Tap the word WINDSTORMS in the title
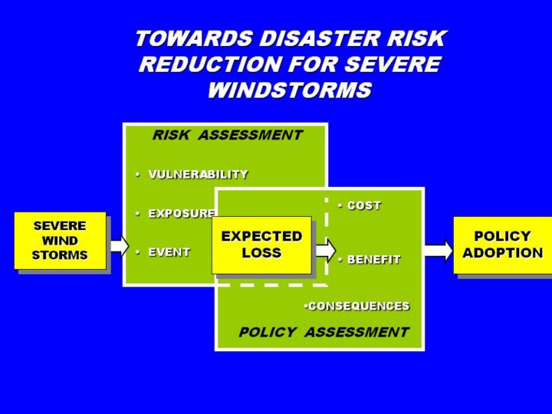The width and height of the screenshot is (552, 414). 289,90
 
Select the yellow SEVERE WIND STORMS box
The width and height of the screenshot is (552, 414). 60,240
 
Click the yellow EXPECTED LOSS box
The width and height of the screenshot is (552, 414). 261,245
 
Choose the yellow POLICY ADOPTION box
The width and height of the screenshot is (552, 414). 502,245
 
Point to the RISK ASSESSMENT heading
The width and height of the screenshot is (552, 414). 227,136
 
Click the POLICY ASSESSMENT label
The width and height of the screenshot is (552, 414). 324,333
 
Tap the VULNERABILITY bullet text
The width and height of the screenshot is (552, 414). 198,175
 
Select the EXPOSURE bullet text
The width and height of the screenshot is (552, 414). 181,214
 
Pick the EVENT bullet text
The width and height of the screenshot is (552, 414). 169,252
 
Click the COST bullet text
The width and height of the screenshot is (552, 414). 363,206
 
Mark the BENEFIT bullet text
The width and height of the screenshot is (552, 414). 373,260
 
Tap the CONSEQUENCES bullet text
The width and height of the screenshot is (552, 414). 358,306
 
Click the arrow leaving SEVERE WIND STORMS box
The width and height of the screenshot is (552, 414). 118,245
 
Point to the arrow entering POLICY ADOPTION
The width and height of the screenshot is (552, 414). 438,250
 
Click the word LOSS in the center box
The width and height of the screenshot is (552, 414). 261,253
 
